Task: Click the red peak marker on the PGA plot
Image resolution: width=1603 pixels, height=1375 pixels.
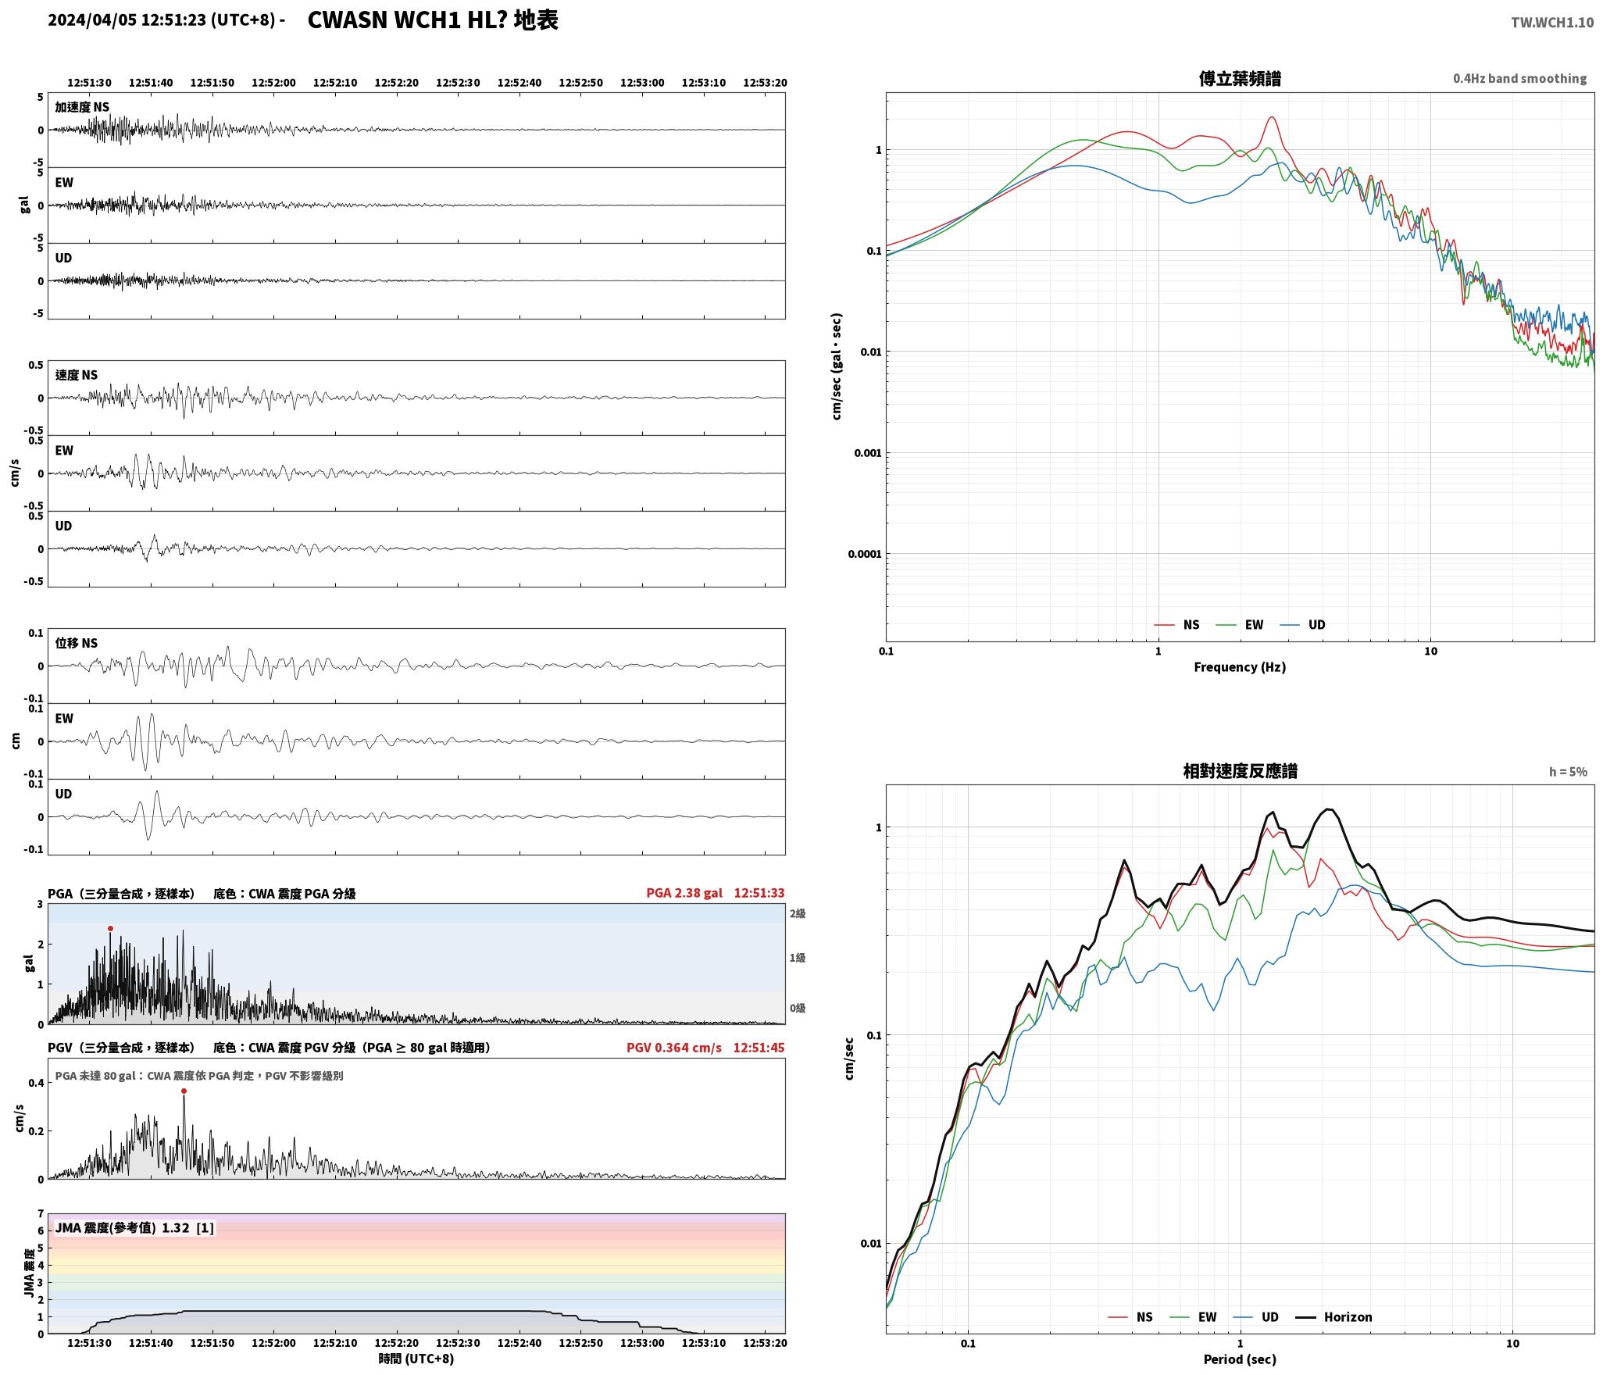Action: [x=110, y=929]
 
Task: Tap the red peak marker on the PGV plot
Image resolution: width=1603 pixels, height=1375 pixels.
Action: [x=184, y=1091]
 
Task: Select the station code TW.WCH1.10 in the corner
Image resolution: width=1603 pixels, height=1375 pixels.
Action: [x=1551, y=23]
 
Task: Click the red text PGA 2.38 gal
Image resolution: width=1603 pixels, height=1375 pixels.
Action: [x=684, y=893]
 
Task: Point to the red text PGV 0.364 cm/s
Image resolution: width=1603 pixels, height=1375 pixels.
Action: [x=674, y=1048]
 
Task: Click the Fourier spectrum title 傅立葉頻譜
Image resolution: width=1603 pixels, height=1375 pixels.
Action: [x=1240, y=79]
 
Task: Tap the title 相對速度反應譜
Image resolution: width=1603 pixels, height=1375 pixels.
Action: [x=1240, y=772]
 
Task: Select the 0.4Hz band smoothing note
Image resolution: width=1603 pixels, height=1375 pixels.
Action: [x=1519, y=79]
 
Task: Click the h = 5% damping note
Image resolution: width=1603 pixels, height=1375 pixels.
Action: [x=1568, y=772]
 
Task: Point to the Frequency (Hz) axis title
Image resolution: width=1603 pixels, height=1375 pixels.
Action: [x=1240, y=667]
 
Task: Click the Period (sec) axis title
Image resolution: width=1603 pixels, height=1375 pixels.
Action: [x=1240, y=1359]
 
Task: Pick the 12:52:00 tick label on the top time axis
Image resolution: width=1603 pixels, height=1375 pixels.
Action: [x=273, y=83]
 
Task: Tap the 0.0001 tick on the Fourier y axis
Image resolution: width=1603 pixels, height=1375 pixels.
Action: [x=865, y=555]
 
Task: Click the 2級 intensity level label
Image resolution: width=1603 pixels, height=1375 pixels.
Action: [x=798, y=914]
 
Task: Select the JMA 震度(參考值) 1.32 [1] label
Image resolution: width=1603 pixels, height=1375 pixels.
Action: [x=134, y=1228]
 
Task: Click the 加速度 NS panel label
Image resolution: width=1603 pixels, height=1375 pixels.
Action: [x=82, y=107]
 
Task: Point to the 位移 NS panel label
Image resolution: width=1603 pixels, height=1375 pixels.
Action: [x=77, y=643]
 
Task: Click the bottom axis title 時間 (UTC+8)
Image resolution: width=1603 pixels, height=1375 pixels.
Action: [x=416, y=1359]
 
